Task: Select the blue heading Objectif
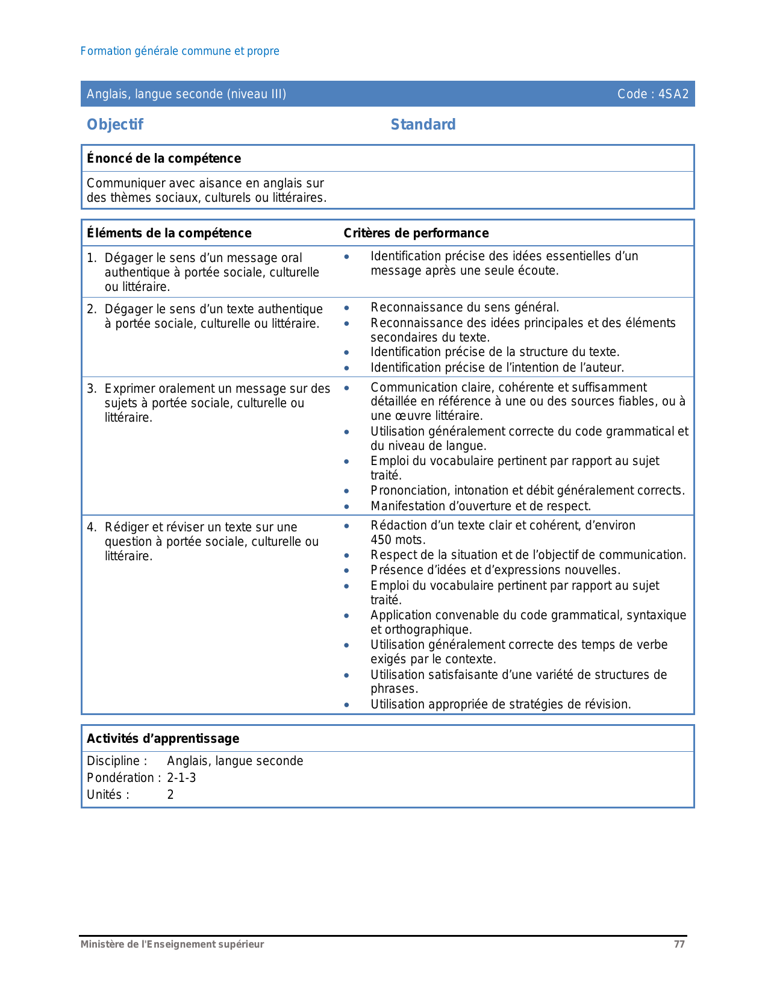point(115,125)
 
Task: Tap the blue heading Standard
point(423,125)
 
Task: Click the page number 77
point(679,945)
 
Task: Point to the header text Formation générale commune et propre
point(180,51)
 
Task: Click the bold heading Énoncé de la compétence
point(164,158)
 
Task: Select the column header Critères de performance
point(416,233)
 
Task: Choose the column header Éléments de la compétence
point(169,233)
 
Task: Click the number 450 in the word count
point(381,540)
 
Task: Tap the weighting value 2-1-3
point(181,778)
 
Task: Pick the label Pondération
point(120,778)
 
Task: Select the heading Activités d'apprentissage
point(163,739)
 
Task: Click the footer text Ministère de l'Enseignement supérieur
point(172,945)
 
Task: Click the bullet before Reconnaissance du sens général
point(346,308)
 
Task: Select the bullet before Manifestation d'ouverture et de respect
point(346,507)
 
